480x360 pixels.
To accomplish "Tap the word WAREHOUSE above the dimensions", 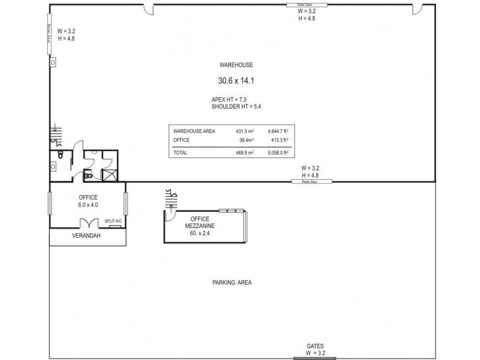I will point(236,65).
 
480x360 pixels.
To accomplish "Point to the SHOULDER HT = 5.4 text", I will point(236,106).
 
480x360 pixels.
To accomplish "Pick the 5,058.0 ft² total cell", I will point(279,153).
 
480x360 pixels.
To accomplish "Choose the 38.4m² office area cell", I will point(245,140).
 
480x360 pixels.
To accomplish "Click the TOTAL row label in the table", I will point(180,153).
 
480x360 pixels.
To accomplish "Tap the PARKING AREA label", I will point(231,283).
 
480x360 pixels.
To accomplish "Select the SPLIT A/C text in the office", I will point(113,221).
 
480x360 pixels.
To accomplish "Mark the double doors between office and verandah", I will point(88,223).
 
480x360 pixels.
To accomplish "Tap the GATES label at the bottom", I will point(314,346).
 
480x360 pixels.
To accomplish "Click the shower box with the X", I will point(110,176).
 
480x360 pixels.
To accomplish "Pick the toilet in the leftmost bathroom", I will point(60,154).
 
